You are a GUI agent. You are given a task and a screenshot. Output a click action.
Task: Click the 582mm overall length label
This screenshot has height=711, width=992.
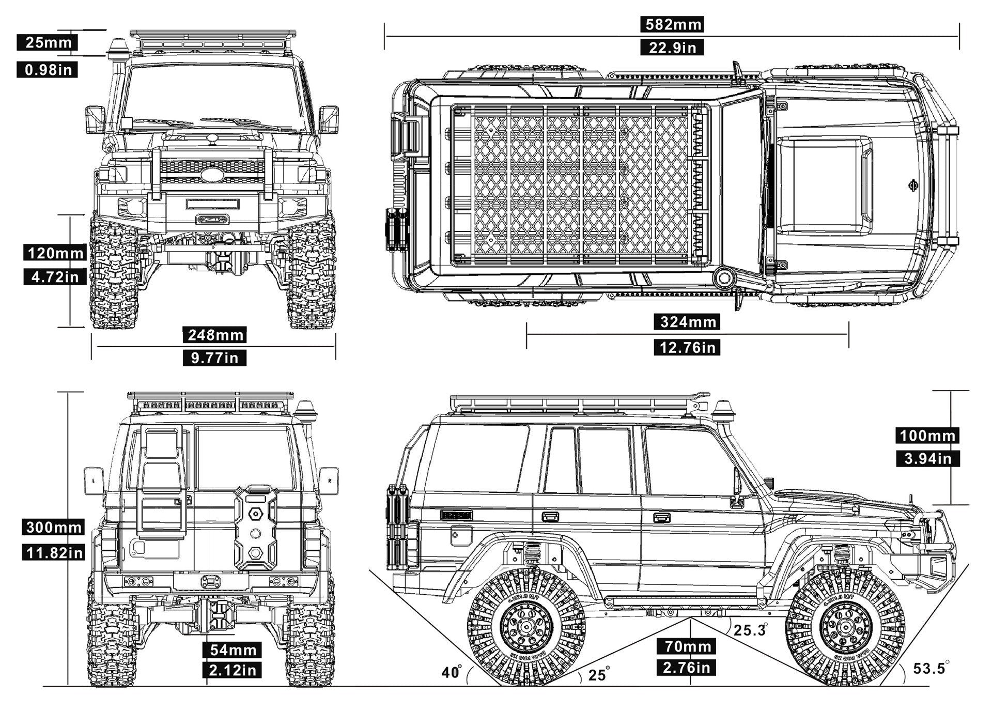[x=672, y=24]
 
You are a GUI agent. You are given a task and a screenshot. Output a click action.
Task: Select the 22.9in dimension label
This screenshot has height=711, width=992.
[x=672, y=48]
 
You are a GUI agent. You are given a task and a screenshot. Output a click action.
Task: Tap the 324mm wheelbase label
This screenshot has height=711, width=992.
[x=688, y=322]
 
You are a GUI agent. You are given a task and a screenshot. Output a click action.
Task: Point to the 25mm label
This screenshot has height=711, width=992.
[x=48, y=42]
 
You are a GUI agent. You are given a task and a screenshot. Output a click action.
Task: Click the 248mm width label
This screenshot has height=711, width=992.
[x=215, y=335]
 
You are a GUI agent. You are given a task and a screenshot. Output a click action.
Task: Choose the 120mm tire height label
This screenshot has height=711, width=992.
[x=55, y=253]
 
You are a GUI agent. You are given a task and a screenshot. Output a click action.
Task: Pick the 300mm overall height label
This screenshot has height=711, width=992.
[x=54, y=528]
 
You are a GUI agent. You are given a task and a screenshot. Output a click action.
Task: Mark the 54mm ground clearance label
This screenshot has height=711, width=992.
[x=233, y=650]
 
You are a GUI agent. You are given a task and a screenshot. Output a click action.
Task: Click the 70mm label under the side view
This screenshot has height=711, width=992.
[x=687, y=646]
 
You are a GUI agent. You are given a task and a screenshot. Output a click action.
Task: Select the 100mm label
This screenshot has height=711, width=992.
[x=927, y=436]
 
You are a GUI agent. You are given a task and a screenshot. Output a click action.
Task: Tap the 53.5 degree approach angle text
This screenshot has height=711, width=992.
[x=929, y=668]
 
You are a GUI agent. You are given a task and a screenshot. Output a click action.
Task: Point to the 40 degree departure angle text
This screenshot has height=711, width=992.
[x=451, y=672]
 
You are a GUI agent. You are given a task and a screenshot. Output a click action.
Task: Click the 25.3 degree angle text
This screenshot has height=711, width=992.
[x=750, y=630]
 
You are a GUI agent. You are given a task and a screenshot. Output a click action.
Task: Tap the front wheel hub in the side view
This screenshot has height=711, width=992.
[x=845, y=626]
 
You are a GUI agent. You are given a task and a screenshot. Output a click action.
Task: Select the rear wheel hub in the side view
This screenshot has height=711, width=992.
[x=526, y=626]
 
